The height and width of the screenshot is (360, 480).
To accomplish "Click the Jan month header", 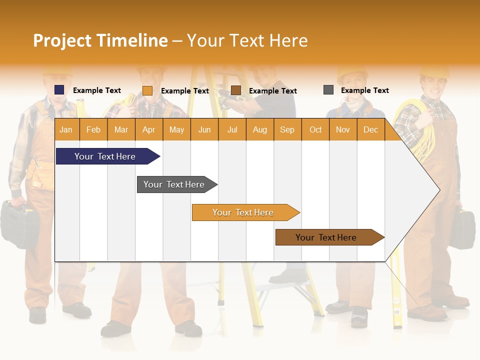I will click(x=66, y=129).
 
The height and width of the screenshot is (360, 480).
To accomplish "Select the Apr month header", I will click(x=148, y=129).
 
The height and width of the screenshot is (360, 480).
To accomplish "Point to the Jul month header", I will click(x=232, y=129).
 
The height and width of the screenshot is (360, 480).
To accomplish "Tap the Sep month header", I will click(x=287, y=129).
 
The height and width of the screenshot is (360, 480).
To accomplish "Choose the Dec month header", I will click(x=370, y=129).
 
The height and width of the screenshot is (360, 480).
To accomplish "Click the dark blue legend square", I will click(x=59, y=90).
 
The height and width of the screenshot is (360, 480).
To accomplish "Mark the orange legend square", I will click(x=147, y=90).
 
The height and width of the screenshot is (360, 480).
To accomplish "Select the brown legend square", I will click(x=236, y=90).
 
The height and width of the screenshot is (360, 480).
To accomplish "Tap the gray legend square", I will click(x=328, y=90).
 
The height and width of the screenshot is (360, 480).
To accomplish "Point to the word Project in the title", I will click(x=63, y=40).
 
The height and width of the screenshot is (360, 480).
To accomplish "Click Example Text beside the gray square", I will click(x=364, y=90).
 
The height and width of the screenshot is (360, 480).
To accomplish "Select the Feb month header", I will click(x=93, y=129).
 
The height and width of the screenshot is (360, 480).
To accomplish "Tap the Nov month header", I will click(x=342, y=129).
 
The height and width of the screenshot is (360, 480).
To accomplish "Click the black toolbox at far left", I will click(x=19, y=224).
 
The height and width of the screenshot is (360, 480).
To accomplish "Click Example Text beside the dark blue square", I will click(x=97, y=90).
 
